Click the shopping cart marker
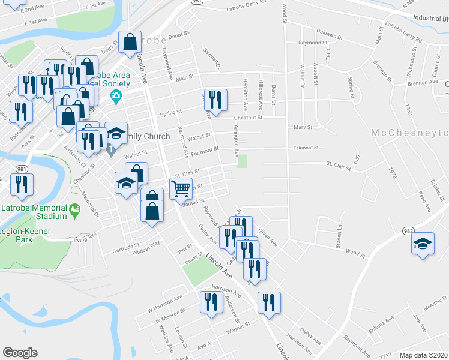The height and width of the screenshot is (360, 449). [x=181, y=189]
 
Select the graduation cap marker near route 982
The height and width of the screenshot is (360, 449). [x=423, y=244]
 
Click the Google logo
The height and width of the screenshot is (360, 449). [x=20, y=353]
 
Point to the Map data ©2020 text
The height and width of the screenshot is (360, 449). [x=423, y=355]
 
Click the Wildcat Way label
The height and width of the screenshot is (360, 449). [x=147, y=245]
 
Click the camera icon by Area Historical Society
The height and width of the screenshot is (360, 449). [x=116, y=96]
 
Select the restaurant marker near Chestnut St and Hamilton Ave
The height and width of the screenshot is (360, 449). [x=217, y=100]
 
